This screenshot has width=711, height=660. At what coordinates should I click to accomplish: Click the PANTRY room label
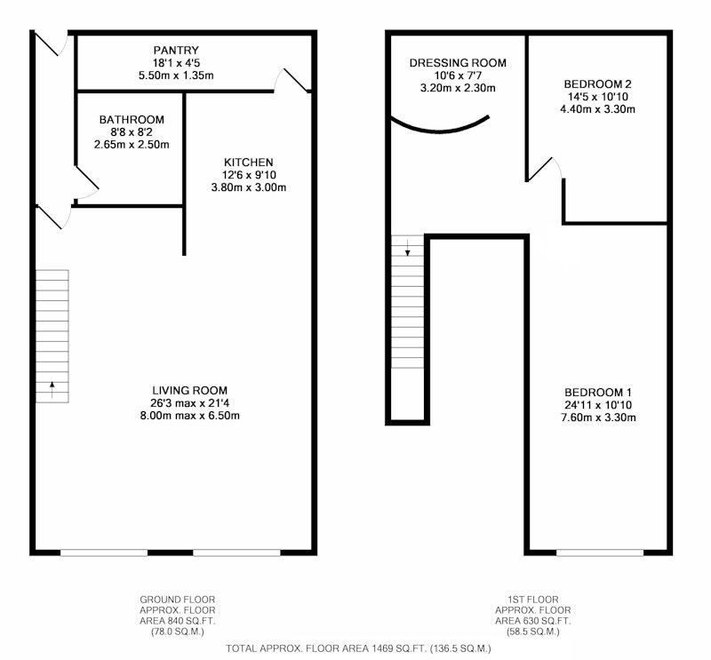[176, 50]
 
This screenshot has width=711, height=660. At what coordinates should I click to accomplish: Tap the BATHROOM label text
[132, 120]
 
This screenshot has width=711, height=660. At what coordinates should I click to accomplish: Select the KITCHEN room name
[249, 163]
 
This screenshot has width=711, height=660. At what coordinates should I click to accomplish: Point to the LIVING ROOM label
[189, 390]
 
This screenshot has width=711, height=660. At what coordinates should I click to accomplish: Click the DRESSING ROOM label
[458, 62]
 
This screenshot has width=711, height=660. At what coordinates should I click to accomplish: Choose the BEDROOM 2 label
[597, 83]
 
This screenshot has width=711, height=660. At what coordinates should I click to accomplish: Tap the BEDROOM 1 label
[598, 393]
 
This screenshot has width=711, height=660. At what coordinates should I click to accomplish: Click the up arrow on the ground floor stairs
[52, 389]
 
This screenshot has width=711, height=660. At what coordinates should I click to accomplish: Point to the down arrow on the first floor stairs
[408, 248]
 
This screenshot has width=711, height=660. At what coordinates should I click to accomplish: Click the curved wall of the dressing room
[440, 131]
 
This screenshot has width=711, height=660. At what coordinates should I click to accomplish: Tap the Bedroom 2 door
[544, 169]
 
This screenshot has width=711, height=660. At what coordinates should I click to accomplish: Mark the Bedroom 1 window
[600, 553]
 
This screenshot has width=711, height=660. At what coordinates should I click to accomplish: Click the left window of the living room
[104, 553]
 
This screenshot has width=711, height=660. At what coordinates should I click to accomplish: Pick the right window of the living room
[236, 553]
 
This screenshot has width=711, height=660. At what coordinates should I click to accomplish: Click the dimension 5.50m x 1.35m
[176, 76]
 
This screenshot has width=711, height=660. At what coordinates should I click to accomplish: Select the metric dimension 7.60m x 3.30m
[598, 417]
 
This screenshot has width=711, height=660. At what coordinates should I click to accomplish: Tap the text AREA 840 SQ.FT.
[177, 621]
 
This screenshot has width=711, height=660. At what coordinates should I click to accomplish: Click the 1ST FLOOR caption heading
[532, 600]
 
